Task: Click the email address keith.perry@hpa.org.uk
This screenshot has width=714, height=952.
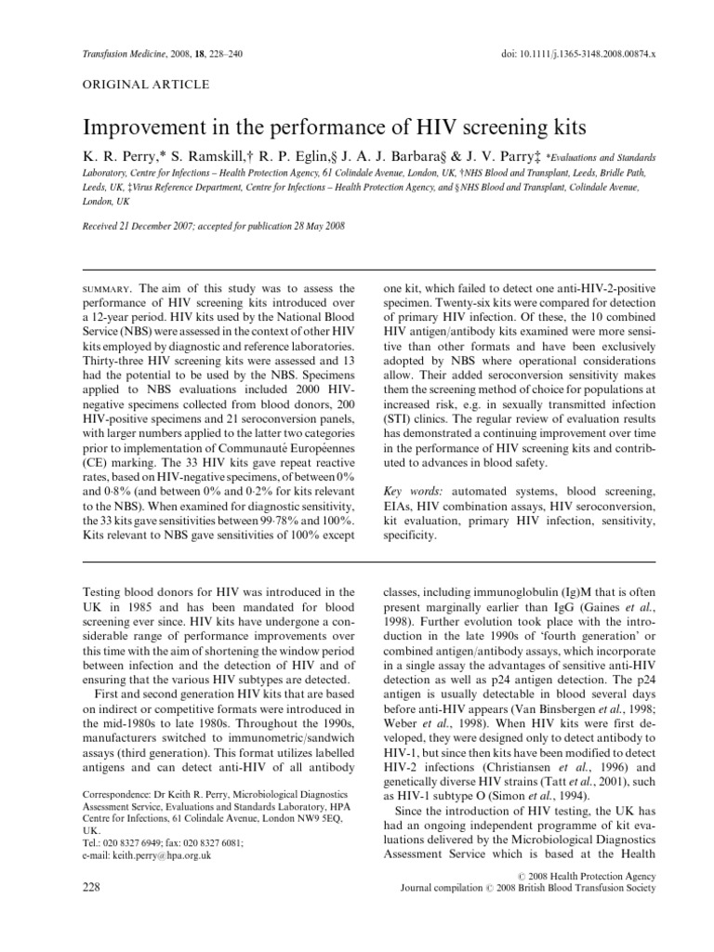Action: [159, 854]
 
